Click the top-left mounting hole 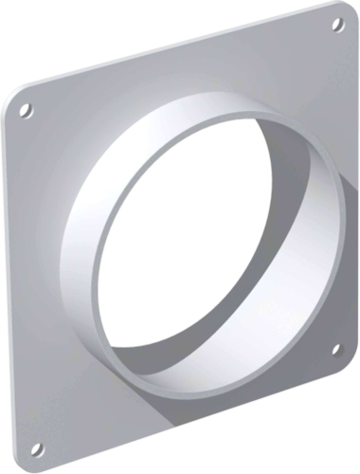click(26, 110)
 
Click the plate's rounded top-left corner click(11, 96)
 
